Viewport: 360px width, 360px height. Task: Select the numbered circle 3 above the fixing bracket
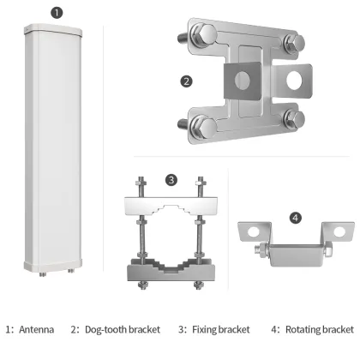[171, 180]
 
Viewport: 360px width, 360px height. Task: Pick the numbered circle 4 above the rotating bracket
[294, 219]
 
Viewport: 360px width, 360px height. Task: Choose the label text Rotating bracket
[319, 329]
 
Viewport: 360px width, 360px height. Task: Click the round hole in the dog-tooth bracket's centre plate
[243, 81]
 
